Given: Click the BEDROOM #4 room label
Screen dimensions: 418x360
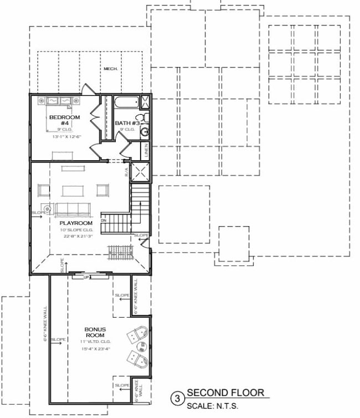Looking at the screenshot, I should click(65, 120).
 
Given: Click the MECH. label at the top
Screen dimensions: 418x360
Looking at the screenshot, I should click(110, 69).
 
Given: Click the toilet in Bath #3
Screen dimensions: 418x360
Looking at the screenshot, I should click(142, 118).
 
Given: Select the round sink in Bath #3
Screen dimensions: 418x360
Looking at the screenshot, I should click(144, 132).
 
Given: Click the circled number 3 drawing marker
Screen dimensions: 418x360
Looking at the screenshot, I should click(178, 397).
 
